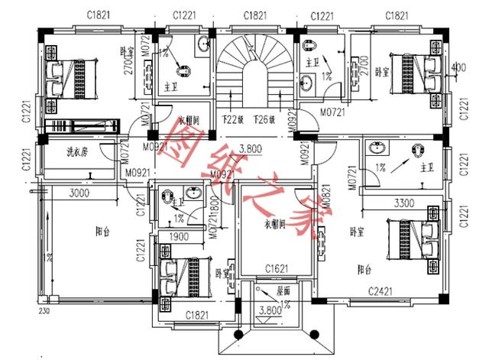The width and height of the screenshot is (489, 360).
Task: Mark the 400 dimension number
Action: click(458, 69)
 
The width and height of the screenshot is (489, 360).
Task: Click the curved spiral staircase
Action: click(251, 69)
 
